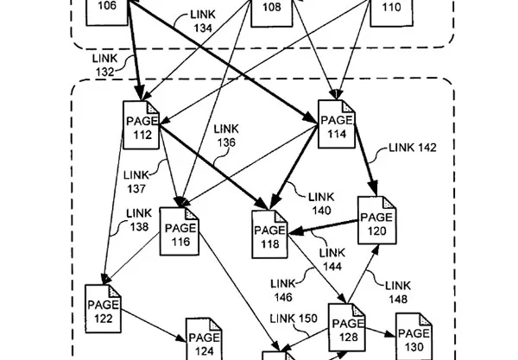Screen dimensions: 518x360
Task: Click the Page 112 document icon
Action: coord(142,125)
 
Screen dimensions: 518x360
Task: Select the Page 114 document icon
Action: coord(337,123)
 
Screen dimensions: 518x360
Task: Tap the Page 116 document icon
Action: coord(180,231)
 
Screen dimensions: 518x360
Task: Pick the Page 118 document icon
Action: coord(270,234)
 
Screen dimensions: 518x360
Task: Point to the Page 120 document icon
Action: coord(377,220)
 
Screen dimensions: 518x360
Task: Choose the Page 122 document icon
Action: coord(103,308)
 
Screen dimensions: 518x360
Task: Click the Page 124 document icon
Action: coord(204,339)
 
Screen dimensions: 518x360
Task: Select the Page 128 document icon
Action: coord(347,327)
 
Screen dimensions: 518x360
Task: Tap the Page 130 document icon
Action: coord(414,336)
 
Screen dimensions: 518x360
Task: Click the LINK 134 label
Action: coord(203,21)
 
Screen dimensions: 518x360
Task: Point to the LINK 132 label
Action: coord(105,65)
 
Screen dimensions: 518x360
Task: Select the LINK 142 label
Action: coord(413,148)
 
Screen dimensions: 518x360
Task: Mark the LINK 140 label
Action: coord(321,204)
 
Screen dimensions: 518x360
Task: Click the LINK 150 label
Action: coord(294,319)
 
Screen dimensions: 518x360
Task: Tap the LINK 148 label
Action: coord(398,292)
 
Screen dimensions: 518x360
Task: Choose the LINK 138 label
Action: coord(139,219)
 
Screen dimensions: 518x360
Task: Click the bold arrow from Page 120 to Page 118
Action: coord(324,227)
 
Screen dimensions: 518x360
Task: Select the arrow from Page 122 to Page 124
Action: coord(154,325)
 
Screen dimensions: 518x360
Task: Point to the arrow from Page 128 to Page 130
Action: coord(381,332)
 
